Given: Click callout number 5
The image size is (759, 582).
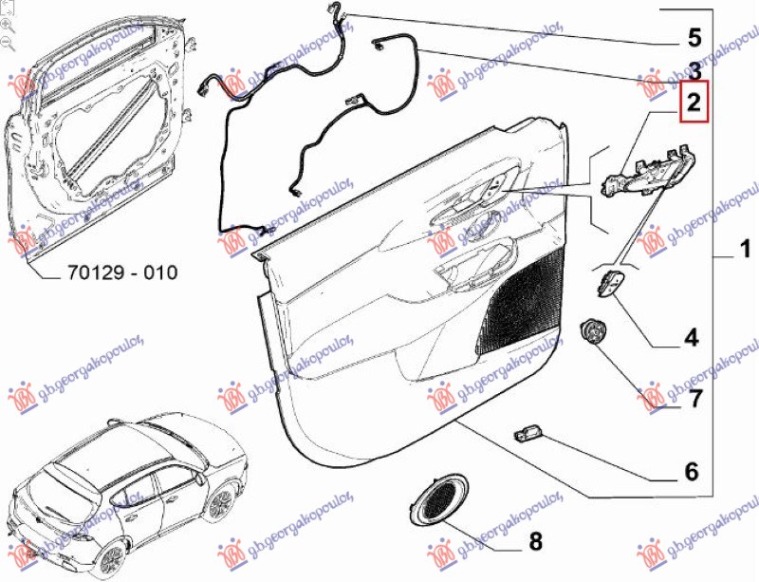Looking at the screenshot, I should point(694,39).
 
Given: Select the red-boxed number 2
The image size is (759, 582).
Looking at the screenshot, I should point(694,102).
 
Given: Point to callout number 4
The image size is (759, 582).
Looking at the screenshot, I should point(691,337).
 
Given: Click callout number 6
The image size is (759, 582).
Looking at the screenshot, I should point(691,471).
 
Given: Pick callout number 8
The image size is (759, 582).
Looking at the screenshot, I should point(535,542).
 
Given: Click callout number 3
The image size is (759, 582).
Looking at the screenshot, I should point(694,69).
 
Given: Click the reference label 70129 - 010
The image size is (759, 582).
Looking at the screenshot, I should point(122,273).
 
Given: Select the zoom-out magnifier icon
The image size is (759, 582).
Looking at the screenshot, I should point(8,43).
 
